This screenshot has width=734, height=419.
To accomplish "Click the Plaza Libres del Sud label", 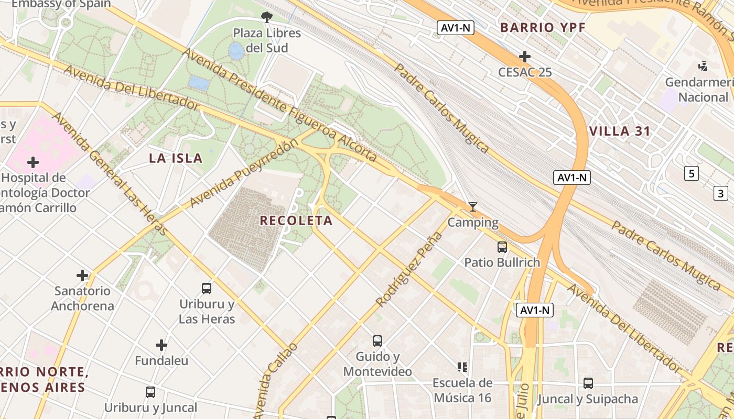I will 267,40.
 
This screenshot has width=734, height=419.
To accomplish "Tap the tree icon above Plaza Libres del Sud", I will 267,17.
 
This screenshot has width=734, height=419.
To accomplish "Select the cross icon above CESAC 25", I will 524,57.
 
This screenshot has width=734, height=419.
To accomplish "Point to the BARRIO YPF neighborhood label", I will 542,27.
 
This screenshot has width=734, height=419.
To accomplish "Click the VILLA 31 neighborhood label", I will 620,131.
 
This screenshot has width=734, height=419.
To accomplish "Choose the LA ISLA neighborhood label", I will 176,158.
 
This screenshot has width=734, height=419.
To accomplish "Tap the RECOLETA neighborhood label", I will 296,220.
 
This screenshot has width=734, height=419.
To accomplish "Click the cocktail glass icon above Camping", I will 472,207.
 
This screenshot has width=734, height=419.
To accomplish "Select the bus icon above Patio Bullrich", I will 502,247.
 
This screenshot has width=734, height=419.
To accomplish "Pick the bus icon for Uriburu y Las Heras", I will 207,288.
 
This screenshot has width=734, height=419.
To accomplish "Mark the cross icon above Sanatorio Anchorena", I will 82,275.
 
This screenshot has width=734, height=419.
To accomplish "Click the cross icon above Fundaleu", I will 161,345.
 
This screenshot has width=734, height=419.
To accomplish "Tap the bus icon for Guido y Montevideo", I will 377,341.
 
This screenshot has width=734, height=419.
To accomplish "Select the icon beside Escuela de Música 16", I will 462,367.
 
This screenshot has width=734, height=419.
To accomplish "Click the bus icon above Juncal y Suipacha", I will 588,383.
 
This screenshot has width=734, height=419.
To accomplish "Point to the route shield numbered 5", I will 692,173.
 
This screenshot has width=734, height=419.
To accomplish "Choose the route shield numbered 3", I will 720,193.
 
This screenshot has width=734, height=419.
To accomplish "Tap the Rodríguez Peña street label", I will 409,270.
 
